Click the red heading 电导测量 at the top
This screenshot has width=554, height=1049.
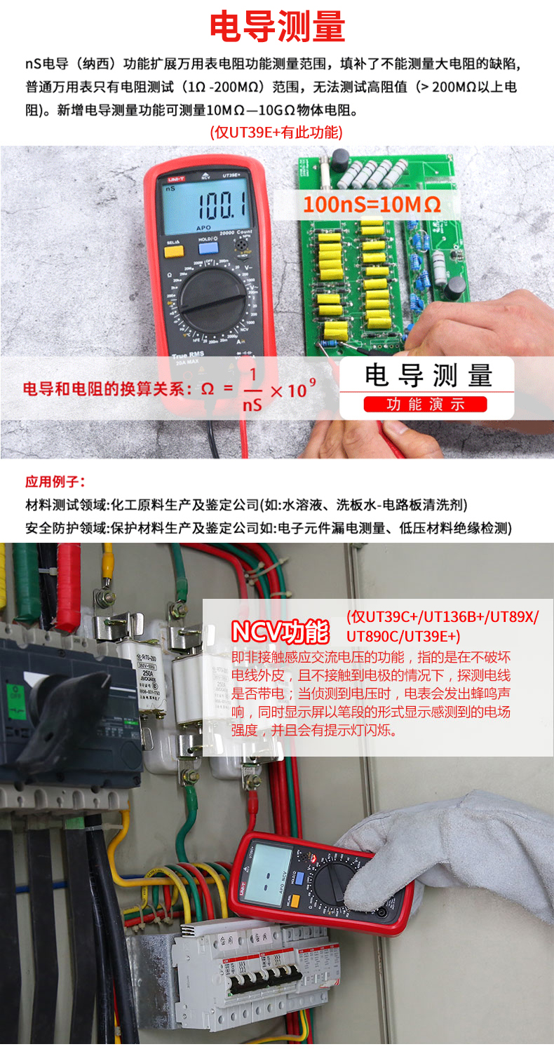(278, 27)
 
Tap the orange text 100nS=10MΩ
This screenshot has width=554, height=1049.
(372, 205)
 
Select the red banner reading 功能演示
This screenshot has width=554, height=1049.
(425, 404)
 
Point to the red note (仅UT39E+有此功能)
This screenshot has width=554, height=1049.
(276, 132)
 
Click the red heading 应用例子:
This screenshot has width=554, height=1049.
(55, 482)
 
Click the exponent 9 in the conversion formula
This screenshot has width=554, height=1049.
(312, 382)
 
